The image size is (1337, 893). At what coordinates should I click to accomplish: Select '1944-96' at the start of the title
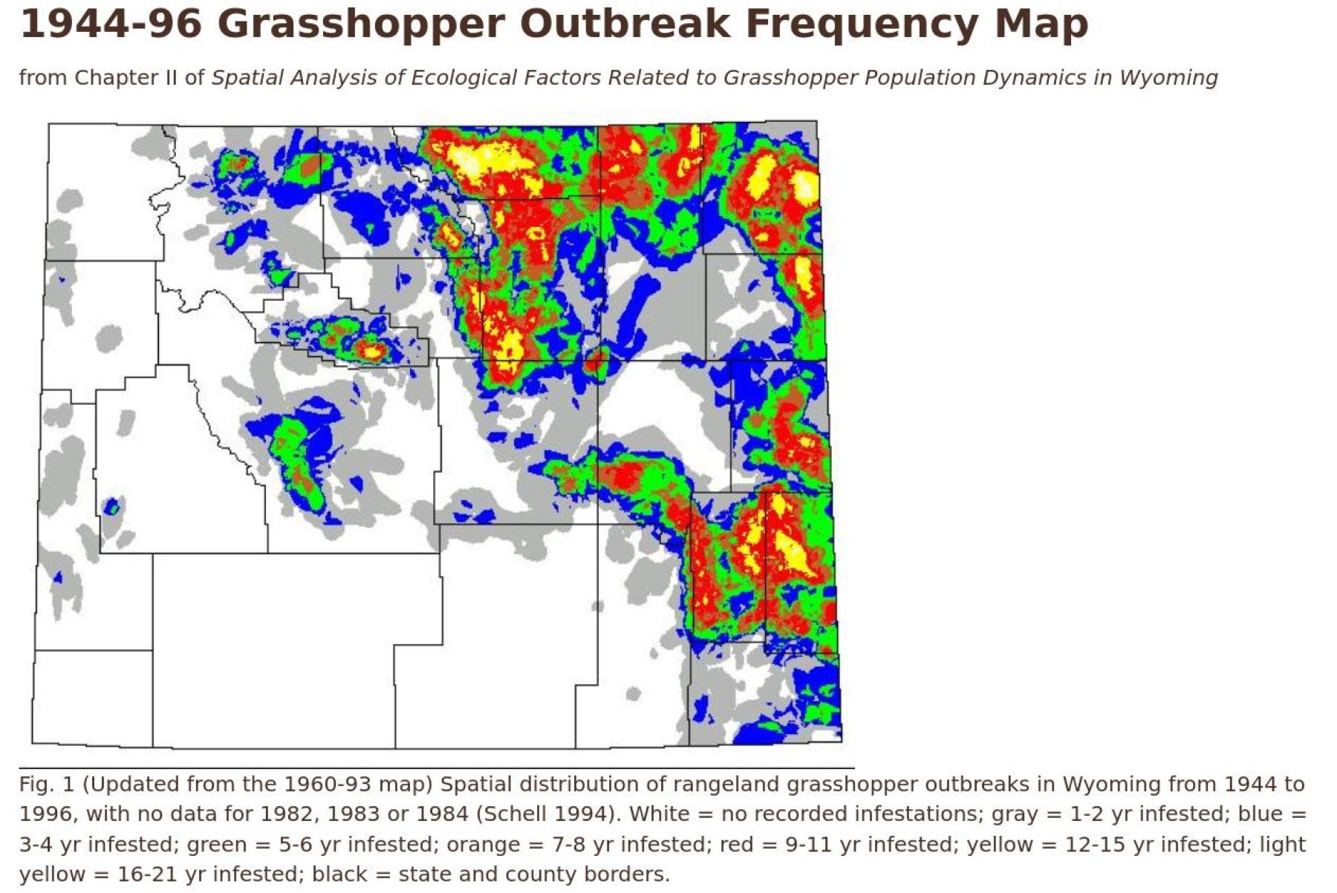pyautogui.click(x=110, y=24)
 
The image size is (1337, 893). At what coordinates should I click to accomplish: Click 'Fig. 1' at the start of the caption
pyautogui.click(x=46, y=785)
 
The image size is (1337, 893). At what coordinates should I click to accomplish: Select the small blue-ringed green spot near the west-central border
pyautogui.click(x=111, y=507)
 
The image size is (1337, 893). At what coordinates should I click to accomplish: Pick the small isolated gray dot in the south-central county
pyautogui.click(x=633, y=694)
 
